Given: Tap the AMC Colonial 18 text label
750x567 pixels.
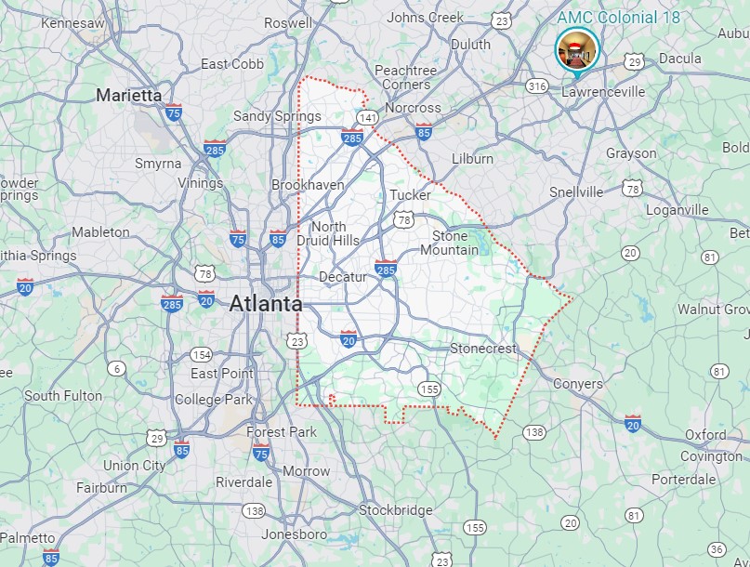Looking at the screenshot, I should (x=619, y=18).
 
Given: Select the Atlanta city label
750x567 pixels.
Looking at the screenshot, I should (x=265, y=304).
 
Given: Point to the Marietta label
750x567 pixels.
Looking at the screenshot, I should (x=128, y=95).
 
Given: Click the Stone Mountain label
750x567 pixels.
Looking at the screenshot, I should (x=450, y=243).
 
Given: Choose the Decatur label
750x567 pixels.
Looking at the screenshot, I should (x=343, y=277).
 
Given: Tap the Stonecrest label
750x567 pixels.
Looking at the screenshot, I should (x=482, y=349).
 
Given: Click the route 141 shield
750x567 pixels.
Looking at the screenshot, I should (x=370, y=116).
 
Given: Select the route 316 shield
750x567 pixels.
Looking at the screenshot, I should (x=536, y=86).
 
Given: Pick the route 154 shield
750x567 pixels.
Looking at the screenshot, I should (x=202, y=355).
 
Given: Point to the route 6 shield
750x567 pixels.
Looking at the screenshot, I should (x=116, y=369).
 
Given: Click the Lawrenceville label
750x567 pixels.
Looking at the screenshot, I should (x=603, y=92).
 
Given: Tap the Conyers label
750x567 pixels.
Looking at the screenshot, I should (x=577, y=383).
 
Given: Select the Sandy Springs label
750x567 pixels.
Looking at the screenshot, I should (x=277, y=116).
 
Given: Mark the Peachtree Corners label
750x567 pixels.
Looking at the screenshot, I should (x=405, y=77).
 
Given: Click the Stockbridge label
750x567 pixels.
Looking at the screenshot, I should (x=395, y=509).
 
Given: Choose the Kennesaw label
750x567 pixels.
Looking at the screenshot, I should (x=72, y=21).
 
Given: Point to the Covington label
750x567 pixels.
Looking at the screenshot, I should (x=711, y=456).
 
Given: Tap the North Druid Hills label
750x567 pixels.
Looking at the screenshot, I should (x=329, y=233).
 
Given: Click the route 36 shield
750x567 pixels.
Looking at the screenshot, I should (x=716, y=550).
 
